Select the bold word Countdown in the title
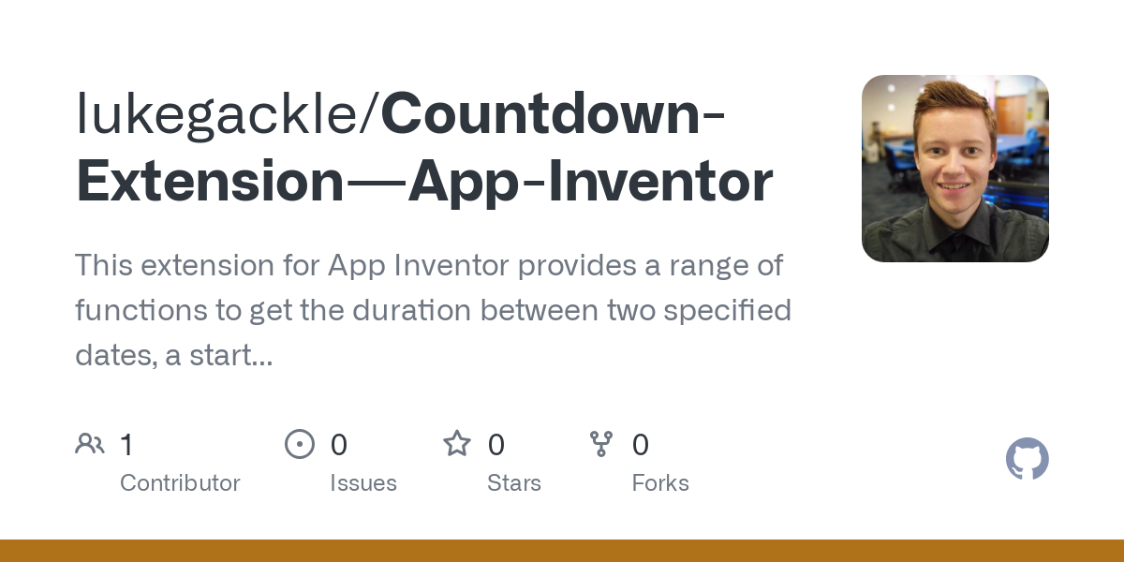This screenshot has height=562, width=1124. point(540,113)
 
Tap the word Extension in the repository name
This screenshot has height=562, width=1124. point(210,181)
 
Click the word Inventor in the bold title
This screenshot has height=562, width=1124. point(660,181)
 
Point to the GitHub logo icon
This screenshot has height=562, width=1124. point(1028,458)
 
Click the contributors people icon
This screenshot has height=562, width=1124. point(90,444)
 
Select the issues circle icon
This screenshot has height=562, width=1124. point(300,444)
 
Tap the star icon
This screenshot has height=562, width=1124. point(457,444)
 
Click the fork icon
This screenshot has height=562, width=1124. point(601,444)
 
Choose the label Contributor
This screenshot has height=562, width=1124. point(180,483)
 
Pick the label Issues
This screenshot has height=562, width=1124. point(363,483)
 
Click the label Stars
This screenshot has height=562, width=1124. point(514,483)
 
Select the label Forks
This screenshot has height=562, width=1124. point(660,483)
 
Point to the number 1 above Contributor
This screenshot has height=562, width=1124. point(126,445)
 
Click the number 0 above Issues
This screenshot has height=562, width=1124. point(339,445)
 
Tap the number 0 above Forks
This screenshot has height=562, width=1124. point(641,445)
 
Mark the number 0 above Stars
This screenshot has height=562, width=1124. point(495,445)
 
